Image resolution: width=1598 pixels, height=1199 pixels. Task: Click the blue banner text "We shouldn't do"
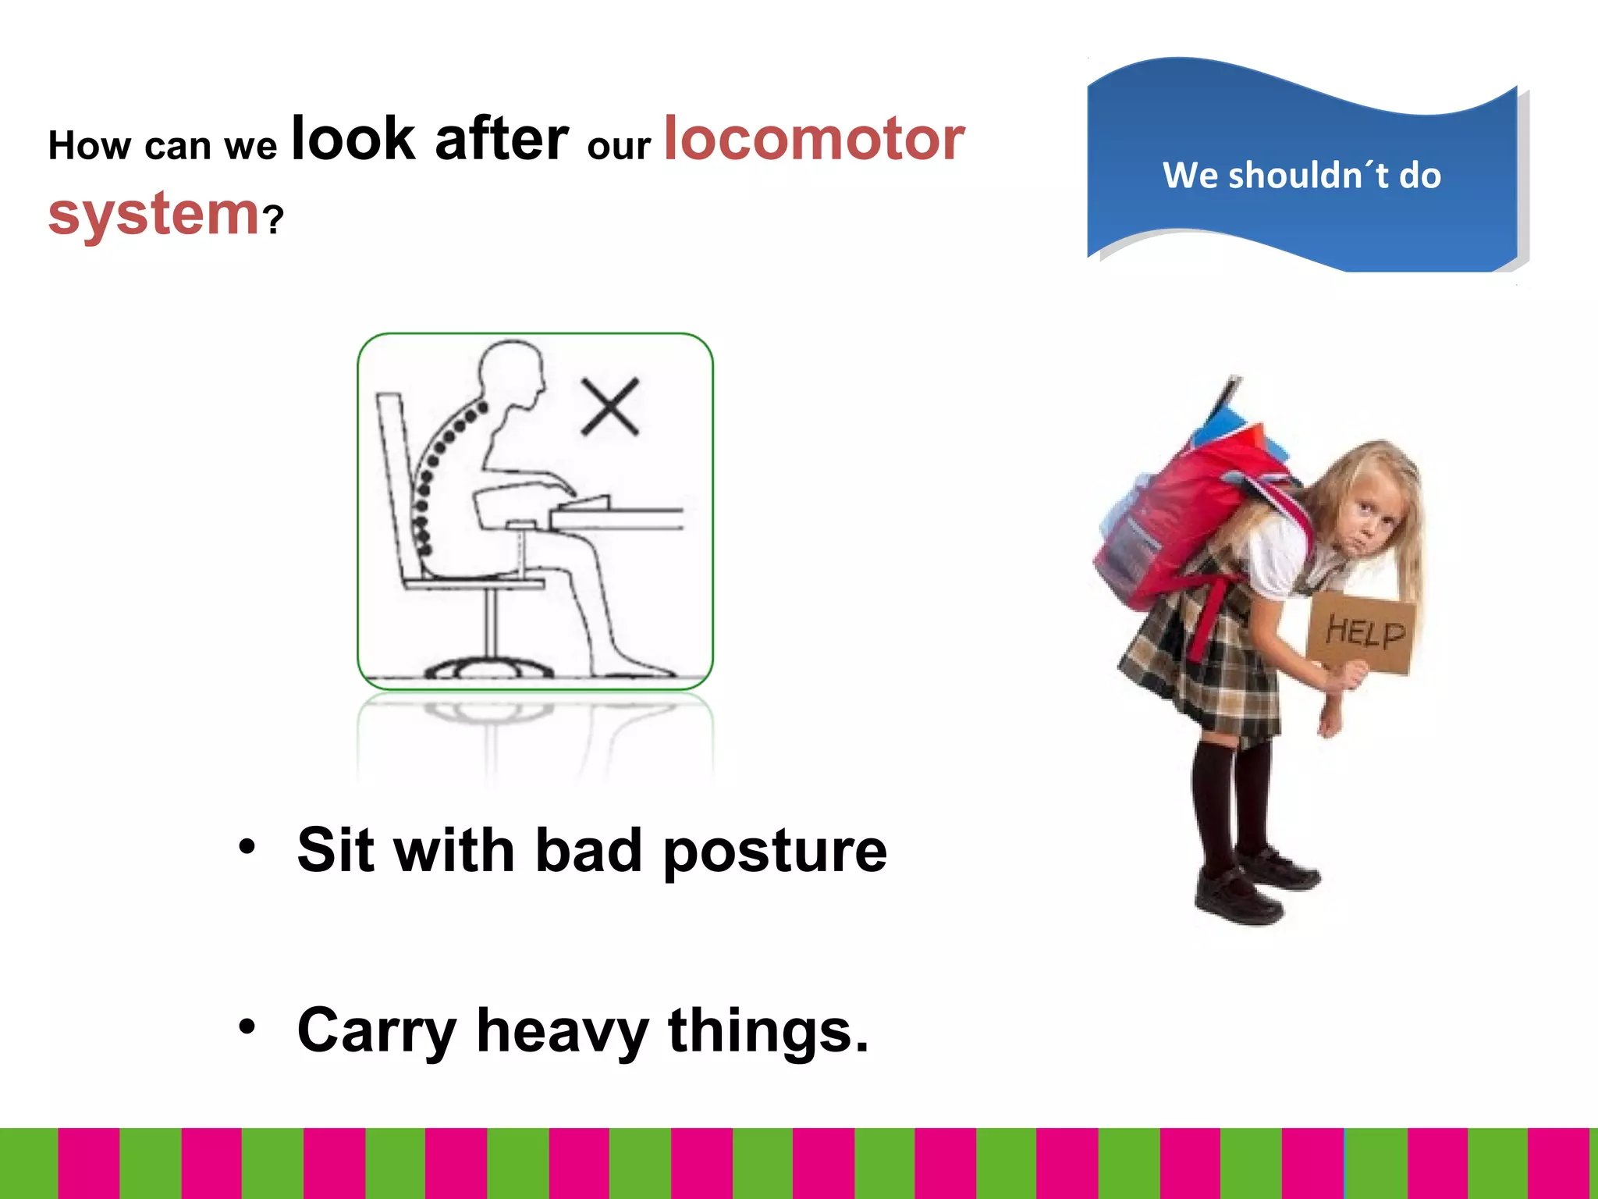[1301, 175]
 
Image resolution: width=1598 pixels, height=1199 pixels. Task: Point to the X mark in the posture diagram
[610, 407]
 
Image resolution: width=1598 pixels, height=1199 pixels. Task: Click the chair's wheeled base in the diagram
[489, 667]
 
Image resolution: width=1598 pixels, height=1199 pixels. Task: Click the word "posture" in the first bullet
[775, 851]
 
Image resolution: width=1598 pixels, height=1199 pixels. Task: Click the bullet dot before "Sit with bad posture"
[247, 847]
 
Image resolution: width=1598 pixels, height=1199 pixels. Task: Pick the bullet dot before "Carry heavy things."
[247, 1027]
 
